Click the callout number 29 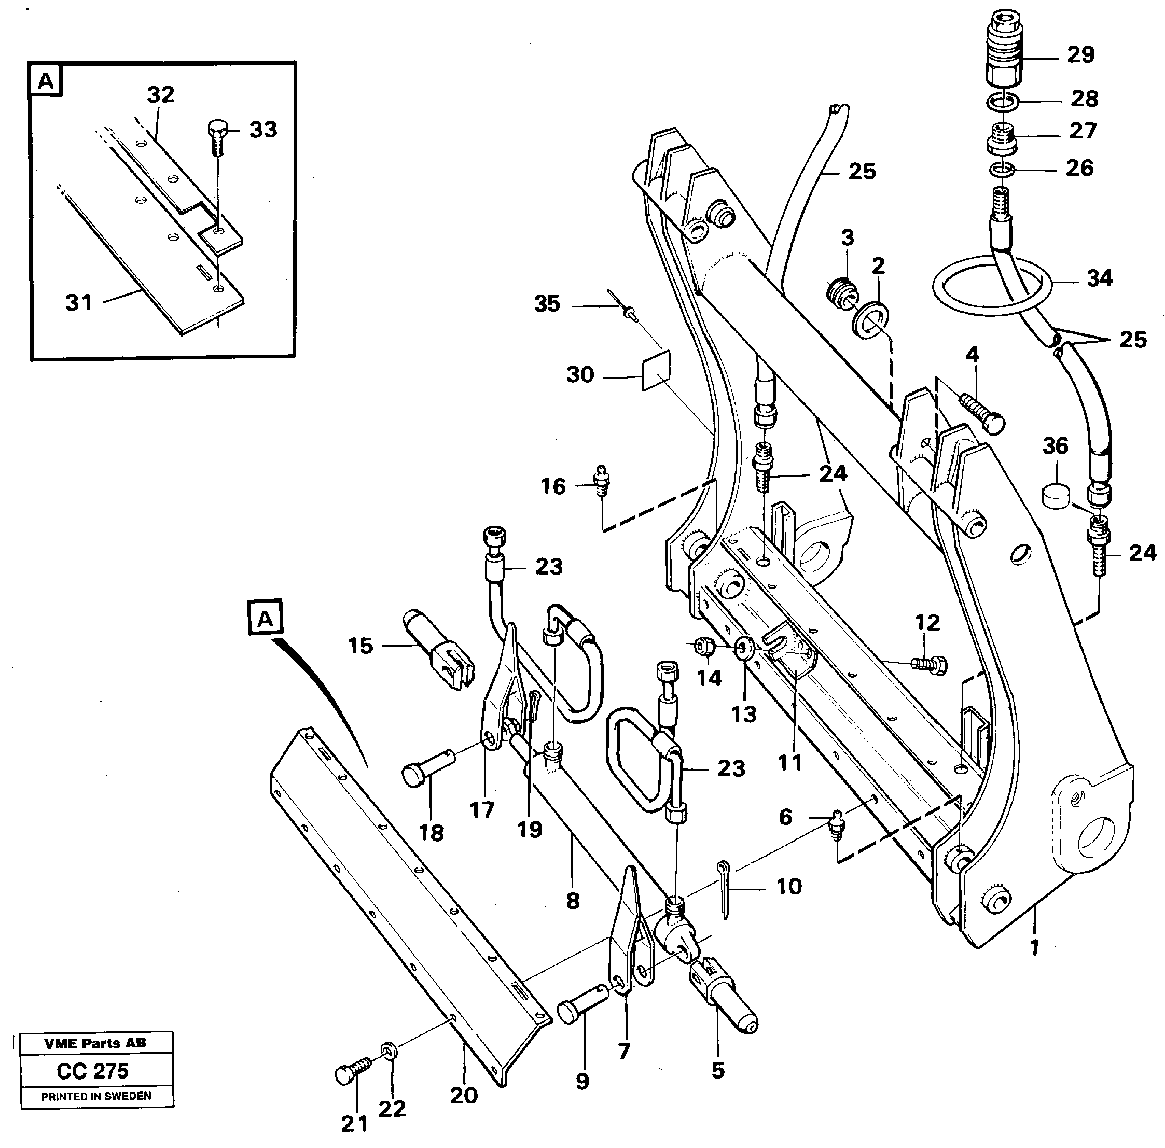pyautogui.click(x=1080, y=55)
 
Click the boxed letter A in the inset pyautogui.click(x=46, y=81)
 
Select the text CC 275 pyautogui.click(x=93, y=1071)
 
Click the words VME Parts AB pyautogui.click(x=95, y=1044)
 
